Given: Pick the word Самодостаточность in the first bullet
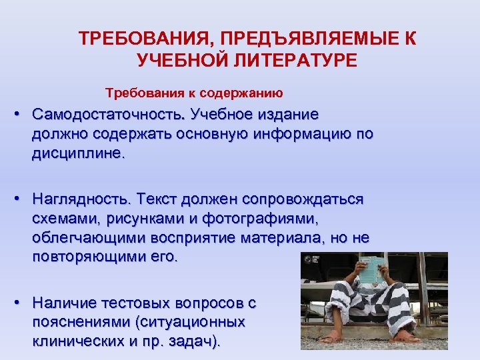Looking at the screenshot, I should pyautogui.click(x=110, y=114).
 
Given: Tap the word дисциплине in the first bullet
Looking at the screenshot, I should pyautogui.click(x=76, y=153).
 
